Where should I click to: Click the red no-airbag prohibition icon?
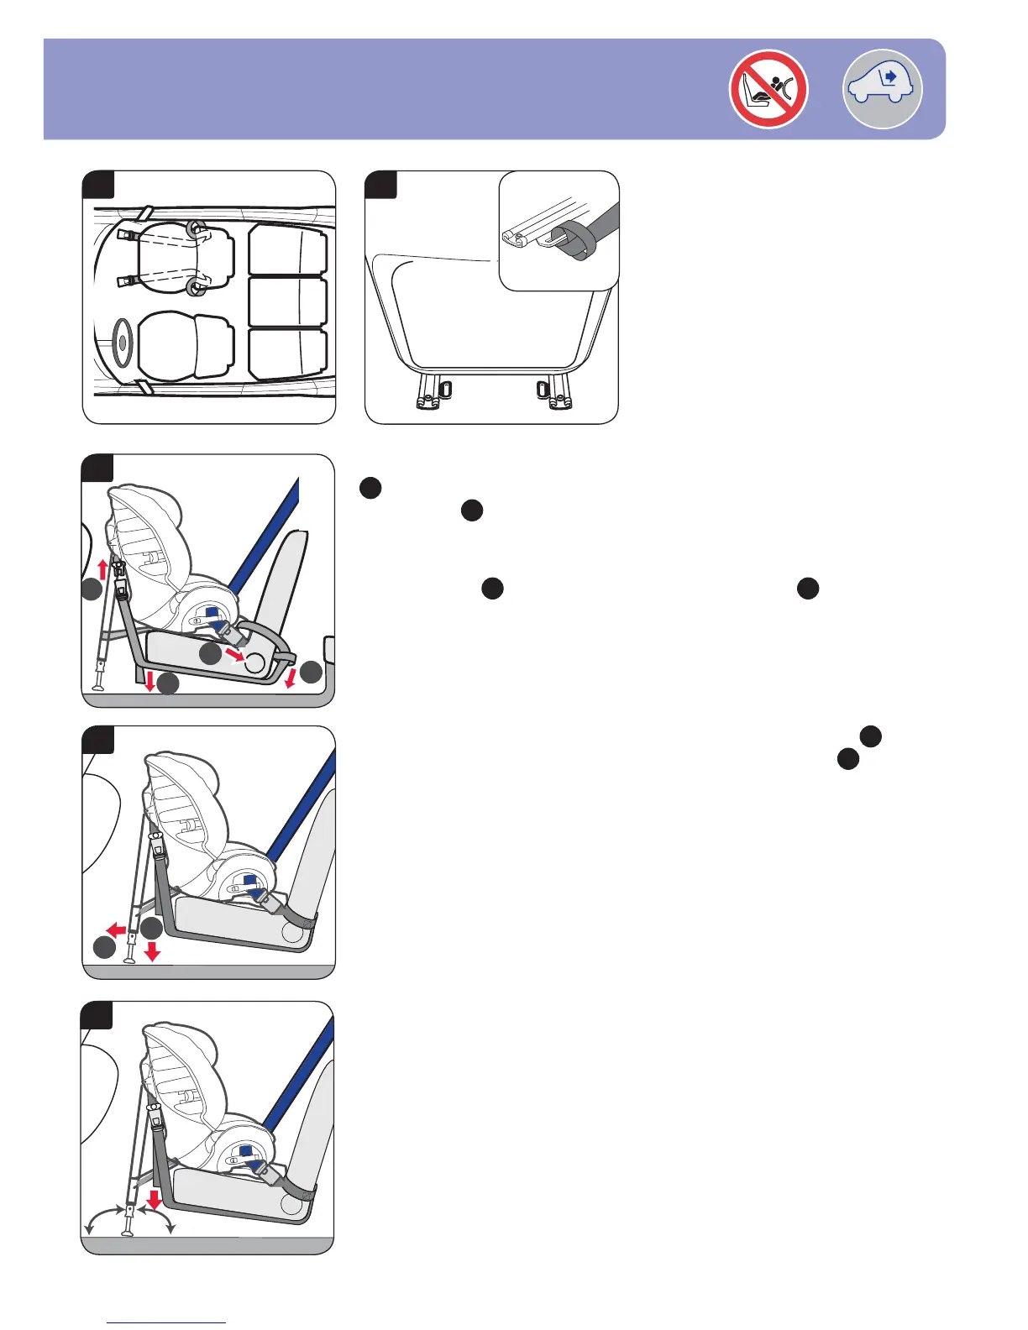pyautogui.click(x=768, y=89)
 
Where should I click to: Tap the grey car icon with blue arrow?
pyautogui.click(x=882, y=89)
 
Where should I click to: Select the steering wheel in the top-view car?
pyautogui.click(x=123, y=341)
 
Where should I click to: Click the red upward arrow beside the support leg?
pyautogui.click(x=103, y=569)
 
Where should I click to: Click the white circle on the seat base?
pyautogui.click(x=254, y=663)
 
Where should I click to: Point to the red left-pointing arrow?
pyautogui.click(x=117, y=929)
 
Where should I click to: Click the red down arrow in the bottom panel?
pyautogui.click(x=154, y=1196)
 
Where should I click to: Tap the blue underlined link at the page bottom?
pyautogui.click(x=167, y=1322)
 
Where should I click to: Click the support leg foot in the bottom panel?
pyautogui.click(x=128, y=1233)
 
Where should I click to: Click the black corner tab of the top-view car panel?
pyautogui.click(x=98, y=184)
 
